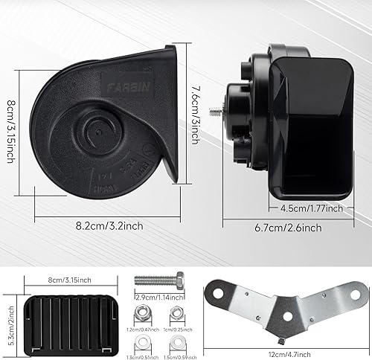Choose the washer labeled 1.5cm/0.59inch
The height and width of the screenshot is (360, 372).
[x=176, y=343]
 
